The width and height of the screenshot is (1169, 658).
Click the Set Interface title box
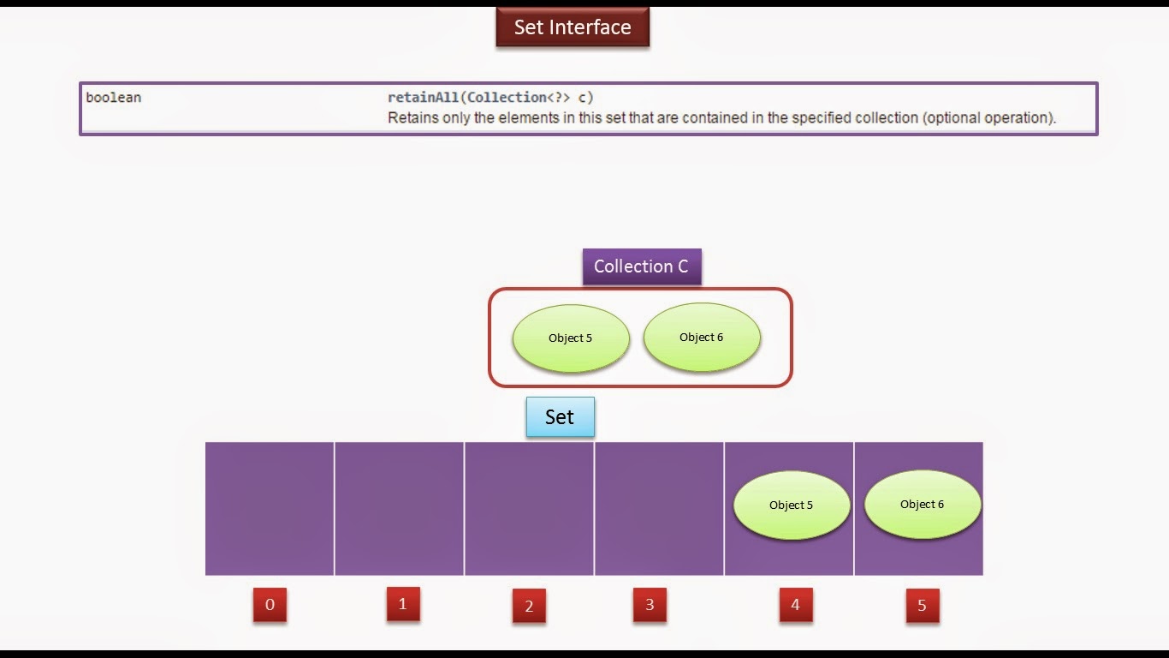coord(573,27)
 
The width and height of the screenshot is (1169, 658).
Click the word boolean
coord(113,98)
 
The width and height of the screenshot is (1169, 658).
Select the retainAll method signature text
coord(490,98)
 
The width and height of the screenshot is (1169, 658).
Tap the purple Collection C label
coord(641,266)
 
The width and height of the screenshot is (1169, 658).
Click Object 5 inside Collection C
coord(571,338)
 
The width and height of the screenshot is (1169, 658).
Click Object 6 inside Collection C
coord(702,338)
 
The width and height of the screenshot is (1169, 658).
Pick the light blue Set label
coord(560,417)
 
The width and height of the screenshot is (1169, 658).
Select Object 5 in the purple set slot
coord(792,505)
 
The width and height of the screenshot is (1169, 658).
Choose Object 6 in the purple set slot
coord(923,505)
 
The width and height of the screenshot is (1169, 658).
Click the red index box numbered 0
coord(270,605)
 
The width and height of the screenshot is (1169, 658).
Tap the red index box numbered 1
coord(403,604)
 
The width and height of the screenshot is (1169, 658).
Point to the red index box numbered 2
coord(529,607)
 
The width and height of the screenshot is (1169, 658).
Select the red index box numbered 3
coord(650,605)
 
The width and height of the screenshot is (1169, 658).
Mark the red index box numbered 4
coord(795,605)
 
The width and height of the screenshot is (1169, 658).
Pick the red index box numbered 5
coord(922,606)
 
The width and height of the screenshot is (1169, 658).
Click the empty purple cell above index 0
coord(270,508)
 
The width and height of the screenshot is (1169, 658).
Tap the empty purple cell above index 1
coord(399,508)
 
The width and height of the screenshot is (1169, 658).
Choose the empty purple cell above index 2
coord(529,508)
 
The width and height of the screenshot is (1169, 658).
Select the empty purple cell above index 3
coord(659,508)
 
